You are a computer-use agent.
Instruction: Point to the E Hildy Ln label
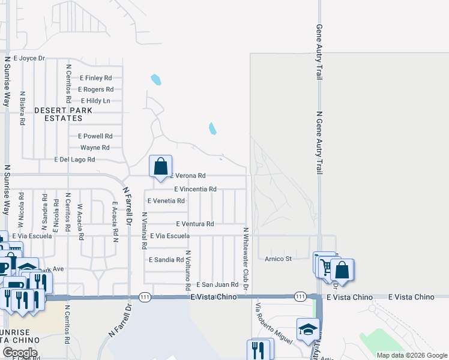(x=95, y=101)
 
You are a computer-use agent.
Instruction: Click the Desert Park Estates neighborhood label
(x=63, y=115)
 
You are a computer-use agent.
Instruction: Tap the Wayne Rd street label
(x=95, y=148)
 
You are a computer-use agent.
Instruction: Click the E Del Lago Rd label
(x=74, y=160)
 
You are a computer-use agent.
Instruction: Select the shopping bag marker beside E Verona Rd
(x=161, y=167)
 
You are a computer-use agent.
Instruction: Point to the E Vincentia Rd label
(x=195, y=189)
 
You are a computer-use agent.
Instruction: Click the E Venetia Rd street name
(x=166, y=200)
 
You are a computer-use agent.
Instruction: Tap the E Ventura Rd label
(x=195, y=224)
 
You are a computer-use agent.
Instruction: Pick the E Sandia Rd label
(x=166, y=260)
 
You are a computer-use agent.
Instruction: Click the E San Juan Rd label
(x=217, y=284)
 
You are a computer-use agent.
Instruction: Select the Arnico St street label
(x=278, y=259)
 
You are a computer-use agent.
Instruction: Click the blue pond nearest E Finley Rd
(x=156, y=79)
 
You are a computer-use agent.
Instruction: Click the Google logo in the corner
(x=19, y=353)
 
